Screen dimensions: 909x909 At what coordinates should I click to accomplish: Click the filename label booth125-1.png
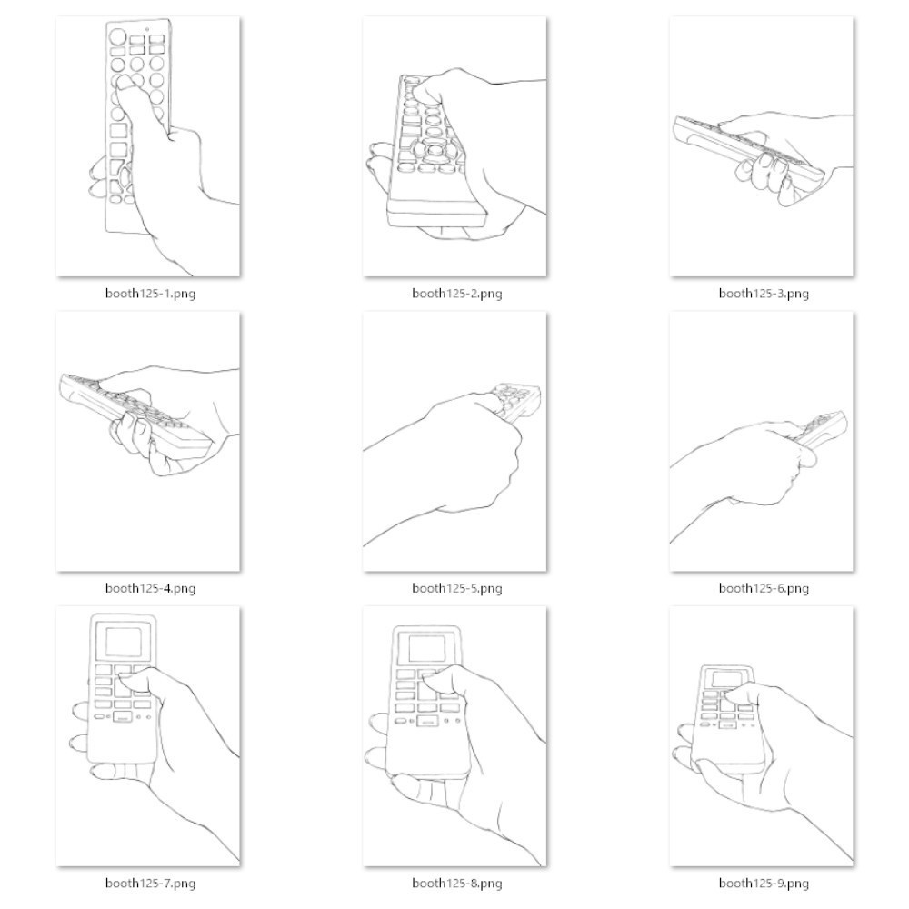[150, 294]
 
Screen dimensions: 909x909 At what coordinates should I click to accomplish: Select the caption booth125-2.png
[457, 294]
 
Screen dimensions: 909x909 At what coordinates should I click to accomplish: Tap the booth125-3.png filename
[764, 294]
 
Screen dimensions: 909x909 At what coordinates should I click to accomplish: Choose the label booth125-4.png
[150, 588]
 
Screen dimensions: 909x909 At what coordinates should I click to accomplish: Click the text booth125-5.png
[457, 588]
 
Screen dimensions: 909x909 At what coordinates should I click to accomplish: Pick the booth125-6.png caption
[764, 588]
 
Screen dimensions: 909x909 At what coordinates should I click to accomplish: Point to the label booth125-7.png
[150, 884]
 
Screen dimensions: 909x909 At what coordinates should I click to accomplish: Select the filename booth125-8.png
[457, 884]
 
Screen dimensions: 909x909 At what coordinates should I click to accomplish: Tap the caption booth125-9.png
[764, 884]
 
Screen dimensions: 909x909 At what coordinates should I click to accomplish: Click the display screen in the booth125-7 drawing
[124, 641]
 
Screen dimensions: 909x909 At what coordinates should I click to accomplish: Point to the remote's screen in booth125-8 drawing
[427, 647]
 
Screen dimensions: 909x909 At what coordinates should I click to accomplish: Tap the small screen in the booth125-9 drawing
[727, 678]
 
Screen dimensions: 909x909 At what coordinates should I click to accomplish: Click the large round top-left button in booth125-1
[117, 37]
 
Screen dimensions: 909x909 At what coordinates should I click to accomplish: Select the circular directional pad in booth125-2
[435, 151]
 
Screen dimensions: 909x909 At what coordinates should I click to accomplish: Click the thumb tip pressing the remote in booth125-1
[123, 84]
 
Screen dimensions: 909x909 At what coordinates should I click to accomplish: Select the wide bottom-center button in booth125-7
[122, 718]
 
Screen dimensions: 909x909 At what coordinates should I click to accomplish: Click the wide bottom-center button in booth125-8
[427, 722]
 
